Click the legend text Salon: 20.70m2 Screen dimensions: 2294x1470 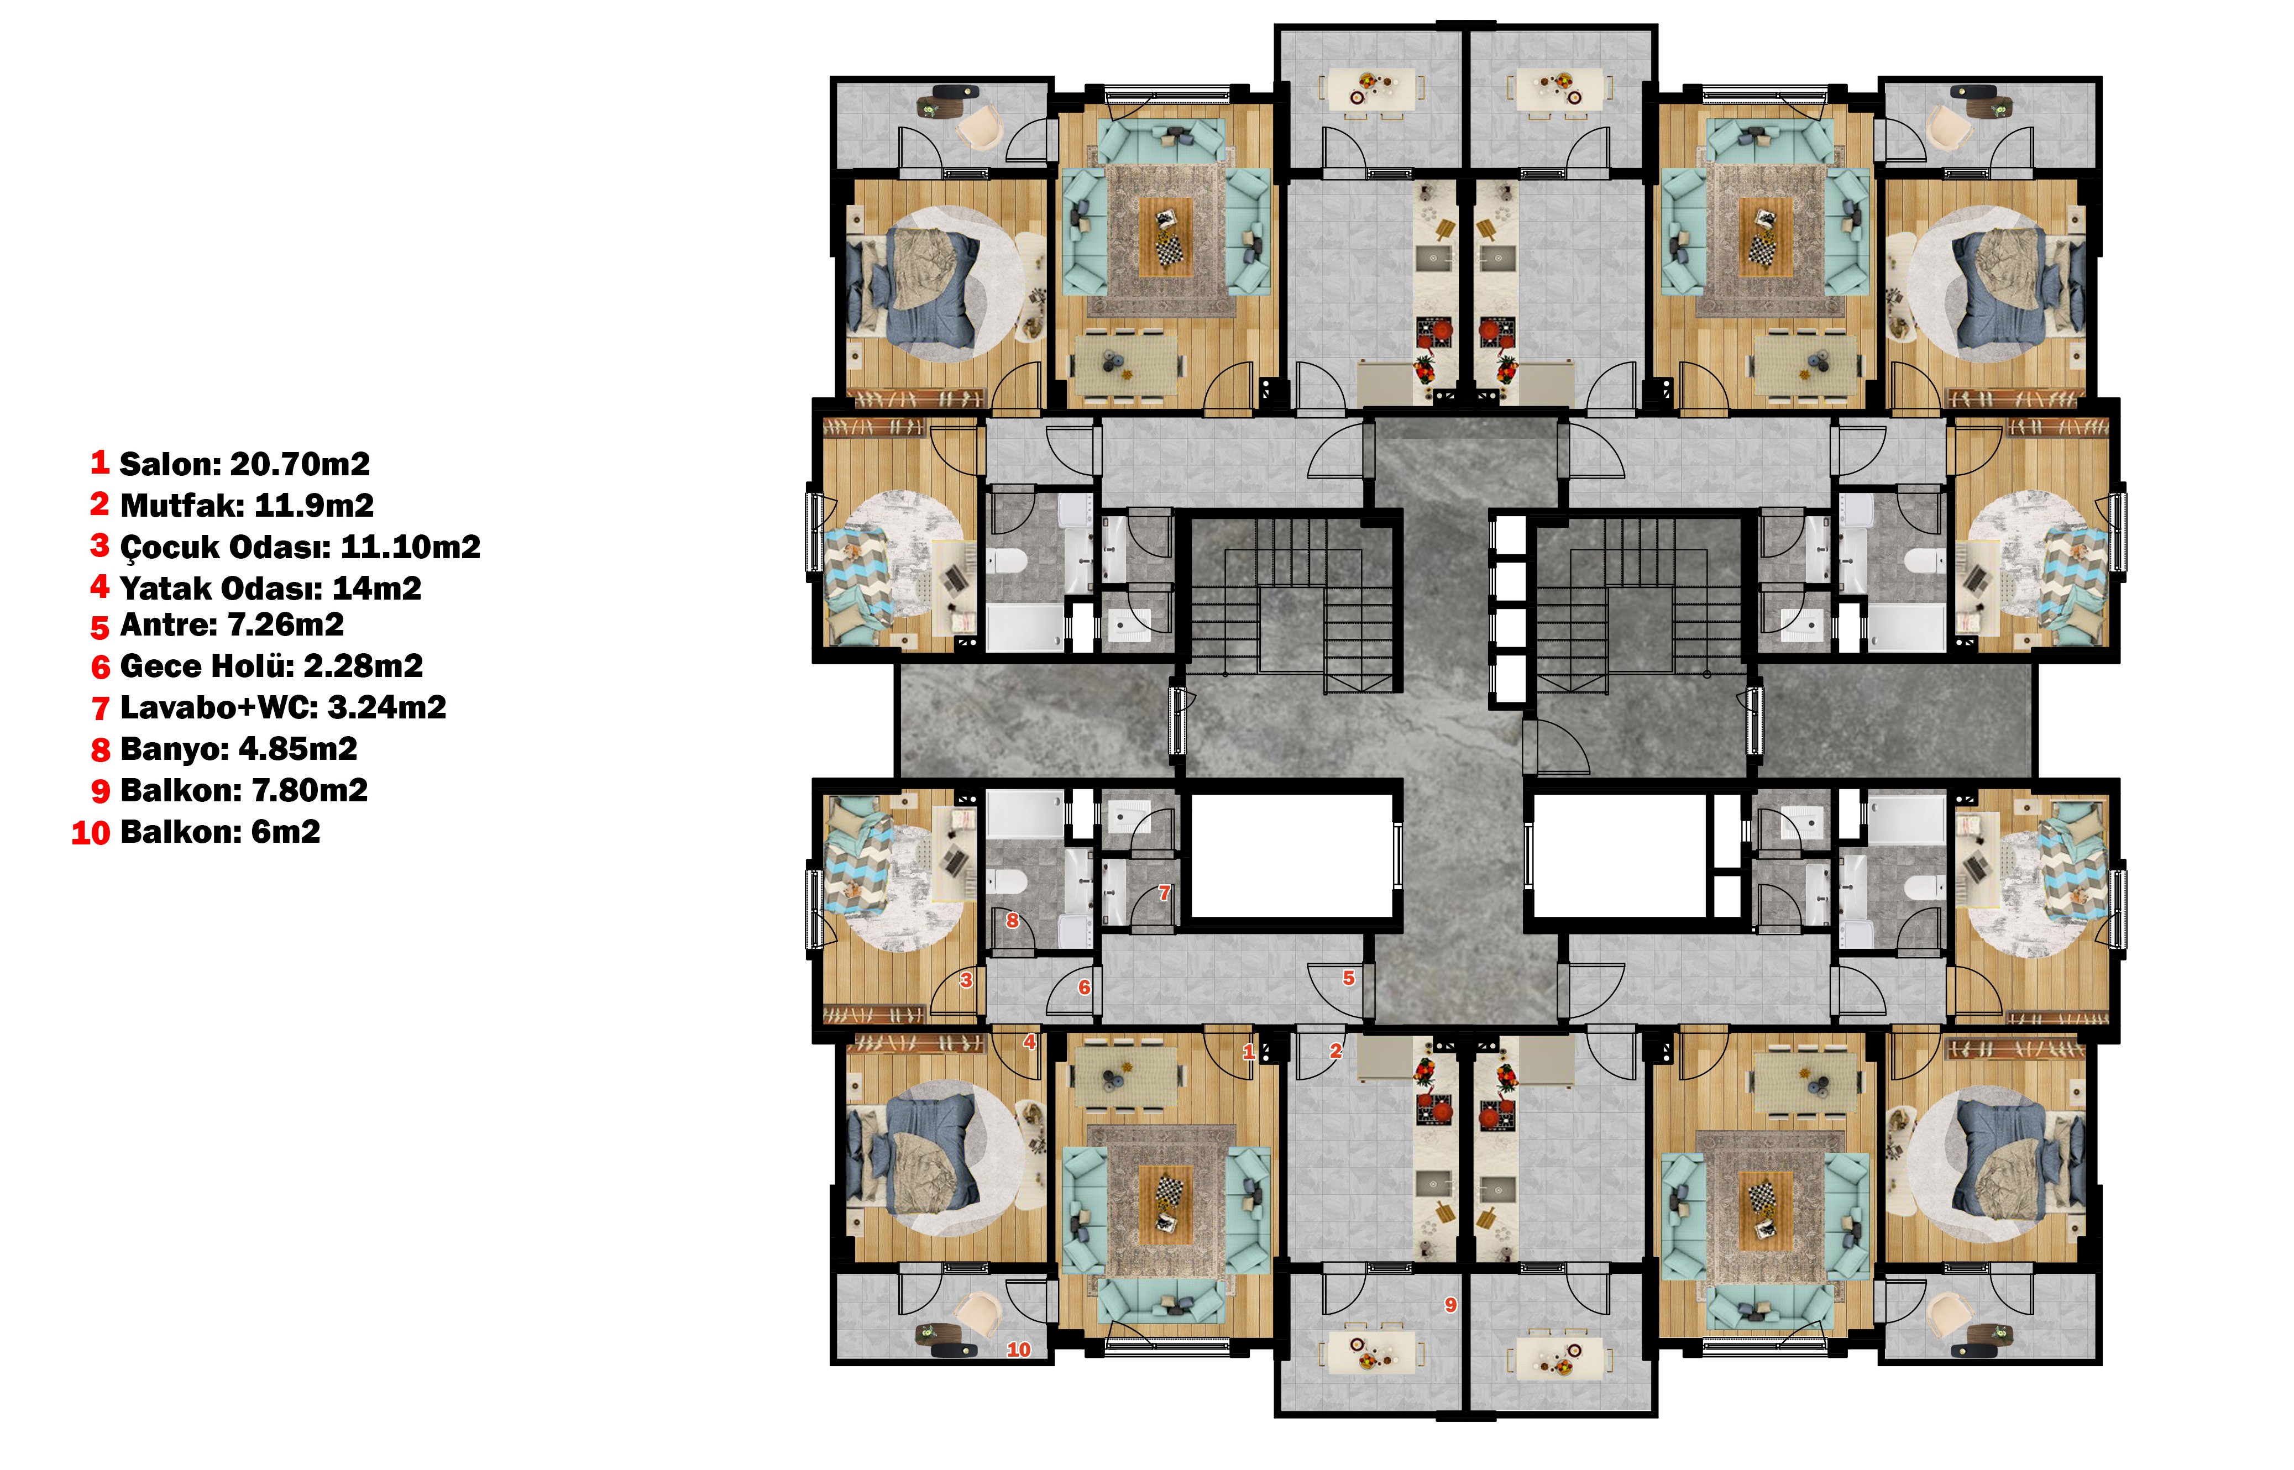[244, 464]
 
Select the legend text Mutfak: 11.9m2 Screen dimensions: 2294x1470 [247, 505]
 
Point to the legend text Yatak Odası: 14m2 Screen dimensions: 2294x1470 [271, 588]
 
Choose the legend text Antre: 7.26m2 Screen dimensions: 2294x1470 [232, 625]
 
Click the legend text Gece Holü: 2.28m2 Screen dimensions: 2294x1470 [271, 666]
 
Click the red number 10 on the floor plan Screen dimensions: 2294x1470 [1019, 1350]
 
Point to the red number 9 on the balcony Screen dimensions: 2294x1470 [1450, 1305]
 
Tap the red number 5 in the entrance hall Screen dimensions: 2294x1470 [1349, 978]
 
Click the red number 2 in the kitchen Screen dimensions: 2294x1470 [1335, 1052]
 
